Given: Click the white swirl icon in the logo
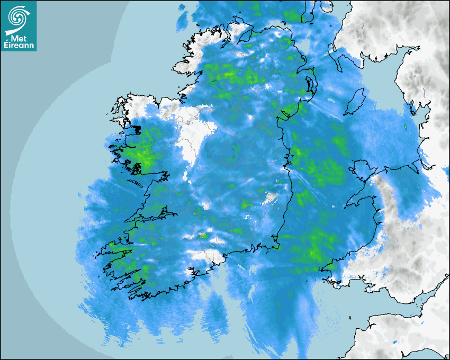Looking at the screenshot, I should pos(18,17).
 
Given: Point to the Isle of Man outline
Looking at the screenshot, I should pos(356,102).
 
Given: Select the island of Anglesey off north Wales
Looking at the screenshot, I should pos(363,172).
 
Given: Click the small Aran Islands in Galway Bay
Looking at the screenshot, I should pos(136,185).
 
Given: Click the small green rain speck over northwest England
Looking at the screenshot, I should pos(406,127).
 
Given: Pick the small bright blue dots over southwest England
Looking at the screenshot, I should pos(395,344).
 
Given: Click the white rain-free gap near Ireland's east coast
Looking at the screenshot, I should pos(271,198).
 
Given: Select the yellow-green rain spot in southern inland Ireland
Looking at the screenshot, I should pos(202,235).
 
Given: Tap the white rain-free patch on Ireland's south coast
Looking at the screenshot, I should pos(204,256).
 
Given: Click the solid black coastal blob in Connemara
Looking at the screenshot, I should pos(136,129).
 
